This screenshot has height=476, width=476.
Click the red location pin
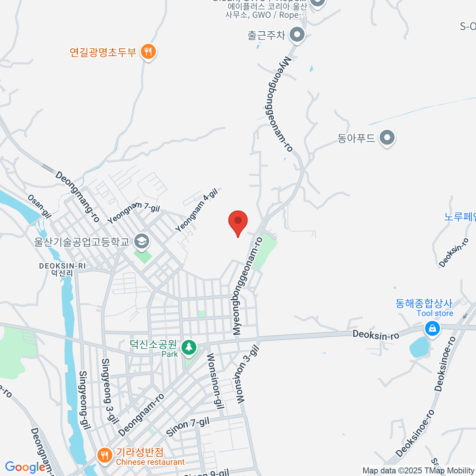click(x=238, y=221)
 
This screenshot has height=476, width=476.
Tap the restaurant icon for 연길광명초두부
click(x=148, y=52)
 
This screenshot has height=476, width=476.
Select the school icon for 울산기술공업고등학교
click(x=141, y=241)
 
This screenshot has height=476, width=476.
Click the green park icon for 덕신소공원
click(x=189, y=347)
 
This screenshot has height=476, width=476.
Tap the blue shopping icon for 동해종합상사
click(x=432, y=328)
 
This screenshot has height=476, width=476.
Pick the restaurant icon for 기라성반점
click(x=104, y=455)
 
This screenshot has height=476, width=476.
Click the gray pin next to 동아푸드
click(x=387, y=138)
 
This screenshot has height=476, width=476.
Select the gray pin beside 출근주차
click(x=297, y=35)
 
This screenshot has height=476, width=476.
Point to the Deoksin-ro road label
click(x=376, y=335)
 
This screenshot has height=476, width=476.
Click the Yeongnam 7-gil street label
click(x=133, y=213)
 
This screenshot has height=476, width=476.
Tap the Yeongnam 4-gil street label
click(x=197, y=210)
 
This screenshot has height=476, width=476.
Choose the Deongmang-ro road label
click(x=77, y=196)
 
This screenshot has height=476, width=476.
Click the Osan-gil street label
click(x=40, y=206)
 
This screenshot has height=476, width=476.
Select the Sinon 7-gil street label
click(x=188, y=427)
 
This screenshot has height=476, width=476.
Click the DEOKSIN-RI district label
click(x=62, y=266)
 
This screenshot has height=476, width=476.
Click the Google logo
click(x=25, y=467)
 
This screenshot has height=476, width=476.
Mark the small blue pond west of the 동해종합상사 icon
click(x=418, y=347)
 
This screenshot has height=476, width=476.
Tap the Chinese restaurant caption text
click(x=150, y=462)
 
